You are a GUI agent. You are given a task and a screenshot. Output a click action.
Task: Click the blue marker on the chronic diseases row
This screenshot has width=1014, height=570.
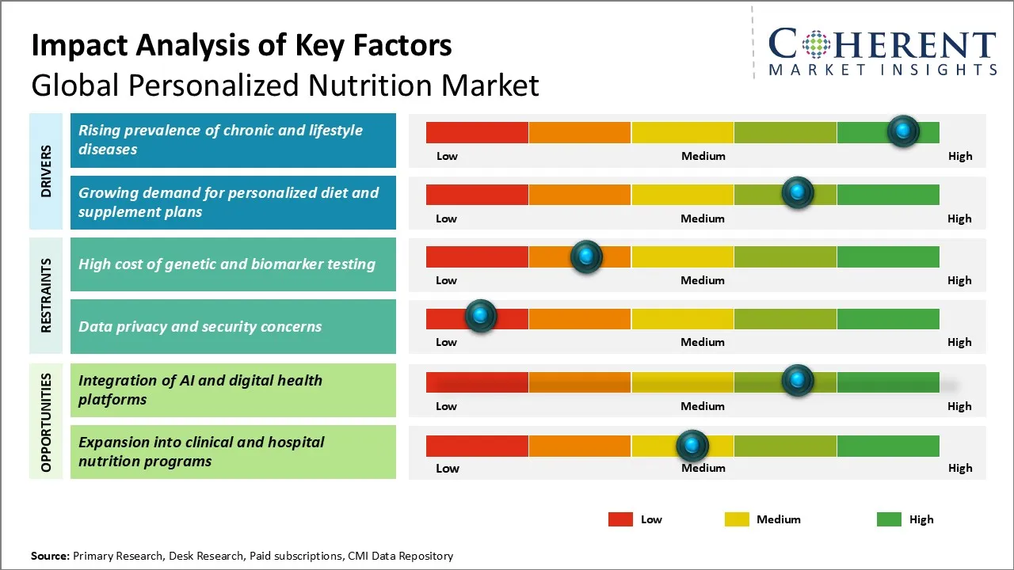point(903,131)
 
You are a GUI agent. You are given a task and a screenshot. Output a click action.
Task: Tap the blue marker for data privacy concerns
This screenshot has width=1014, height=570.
point(480,316)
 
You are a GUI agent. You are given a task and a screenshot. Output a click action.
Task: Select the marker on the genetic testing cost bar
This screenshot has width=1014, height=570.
point(586,256)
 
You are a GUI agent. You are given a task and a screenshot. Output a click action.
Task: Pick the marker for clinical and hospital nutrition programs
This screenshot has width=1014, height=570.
point(692,446)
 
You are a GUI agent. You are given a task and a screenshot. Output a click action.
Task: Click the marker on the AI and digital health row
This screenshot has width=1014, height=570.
point(797,381)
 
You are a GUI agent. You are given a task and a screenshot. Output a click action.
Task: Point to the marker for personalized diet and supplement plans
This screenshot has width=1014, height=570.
point(797,192)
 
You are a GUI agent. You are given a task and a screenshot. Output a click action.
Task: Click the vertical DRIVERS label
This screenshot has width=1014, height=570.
point(46,171)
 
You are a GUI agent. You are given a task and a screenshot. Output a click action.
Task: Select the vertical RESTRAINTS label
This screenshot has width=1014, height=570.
point(46,294)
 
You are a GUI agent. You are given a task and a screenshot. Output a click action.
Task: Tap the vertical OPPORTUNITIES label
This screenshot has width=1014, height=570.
point(46,422)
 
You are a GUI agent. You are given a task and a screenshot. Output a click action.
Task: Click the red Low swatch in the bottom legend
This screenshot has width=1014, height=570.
point(620,519)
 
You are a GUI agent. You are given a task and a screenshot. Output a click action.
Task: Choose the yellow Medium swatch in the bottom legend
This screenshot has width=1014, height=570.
point(737,519)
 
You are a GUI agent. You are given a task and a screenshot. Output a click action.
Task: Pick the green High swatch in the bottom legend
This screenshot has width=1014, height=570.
point(889,519)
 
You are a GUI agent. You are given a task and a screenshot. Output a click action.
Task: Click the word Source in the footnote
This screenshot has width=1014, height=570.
point(49,556)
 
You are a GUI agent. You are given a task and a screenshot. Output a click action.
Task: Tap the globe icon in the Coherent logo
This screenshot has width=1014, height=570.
point(816,44)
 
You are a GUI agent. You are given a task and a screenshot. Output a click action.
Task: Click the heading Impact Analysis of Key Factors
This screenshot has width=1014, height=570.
point(242,45)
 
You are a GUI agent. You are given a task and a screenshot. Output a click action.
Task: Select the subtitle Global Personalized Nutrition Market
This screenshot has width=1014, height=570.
point(285,85)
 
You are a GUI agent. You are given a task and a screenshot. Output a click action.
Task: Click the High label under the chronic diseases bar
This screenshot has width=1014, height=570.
point(959,156)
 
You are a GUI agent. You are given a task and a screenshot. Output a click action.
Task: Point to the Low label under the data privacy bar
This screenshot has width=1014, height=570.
point(446,342)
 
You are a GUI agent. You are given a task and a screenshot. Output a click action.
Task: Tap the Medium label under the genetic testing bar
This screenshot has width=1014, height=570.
point(703,280)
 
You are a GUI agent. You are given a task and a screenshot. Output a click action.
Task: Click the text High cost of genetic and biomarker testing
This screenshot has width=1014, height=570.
point(227,264)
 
